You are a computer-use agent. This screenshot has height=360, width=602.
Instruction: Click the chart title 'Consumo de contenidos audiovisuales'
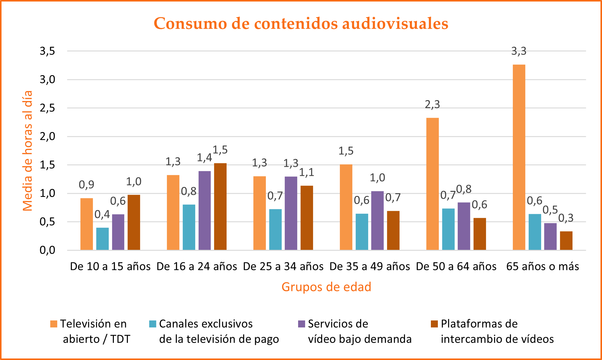point(301,23)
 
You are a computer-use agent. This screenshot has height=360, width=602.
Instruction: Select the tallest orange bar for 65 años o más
point(519,157)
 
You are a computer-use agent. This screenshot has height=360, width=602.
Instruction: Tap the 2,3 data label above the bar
point(432,105)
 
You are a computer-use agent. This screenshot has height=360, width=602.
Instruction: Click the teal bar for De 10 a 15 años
point(102,239)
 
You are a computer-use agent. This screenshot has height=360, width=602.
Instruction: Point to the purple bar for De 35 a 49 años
point(377,220)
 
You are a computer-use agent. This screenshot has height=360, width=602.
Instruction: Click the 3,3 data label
point(519,51)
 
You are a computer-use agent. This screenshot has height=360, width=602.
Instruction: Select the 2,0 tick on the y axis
point(48,136)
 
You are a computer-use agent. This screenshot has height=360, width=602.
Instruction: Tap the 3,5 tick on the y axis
point(48,51)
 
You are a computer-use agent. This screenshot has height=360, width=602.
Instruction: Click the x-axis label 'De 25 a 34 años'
point(283,267)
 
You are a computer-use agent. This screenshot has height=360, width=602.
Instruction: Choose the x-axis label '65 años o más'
point(543,267)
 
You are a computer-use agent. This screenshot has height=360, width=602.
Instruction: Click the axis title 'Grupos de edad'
point(326,287)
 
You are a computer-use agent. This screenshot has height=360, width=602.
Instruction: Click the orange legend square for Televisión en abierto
point(54,324)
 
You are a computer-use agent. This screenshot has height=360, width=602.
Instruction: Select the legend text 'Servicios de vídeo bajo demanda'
point(359,331)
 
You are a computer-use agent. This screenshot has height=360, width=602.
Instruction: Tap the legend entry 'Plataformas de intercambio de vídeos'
point(497,331)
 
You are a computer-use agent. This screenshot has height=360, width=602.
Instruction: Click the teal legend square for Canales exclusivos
point(153,324)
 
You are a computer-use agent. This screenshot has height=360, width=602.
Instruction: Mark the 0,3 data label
point(566,218)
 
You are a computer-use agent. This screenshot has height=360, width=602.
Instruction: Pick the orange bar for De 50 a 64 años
point(432,184)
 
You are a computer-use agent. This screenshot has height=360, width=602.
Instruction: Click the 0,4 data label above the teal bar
point(102,215)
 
